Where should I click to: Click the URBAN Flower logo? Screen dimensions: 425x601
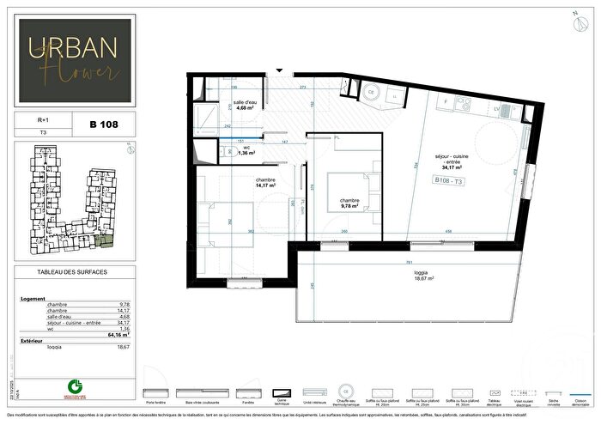tap(73, 61)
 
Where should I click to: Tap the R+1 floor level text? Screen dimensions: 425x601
tap(31, 121)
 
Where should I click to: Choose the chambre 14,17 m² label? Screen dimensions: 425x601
tap(240, 182)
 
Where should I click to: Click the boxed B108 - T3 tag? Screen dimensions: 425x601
tap(449, 180)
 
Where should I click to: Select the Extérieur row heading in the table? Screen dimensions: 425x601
tap(32, 341)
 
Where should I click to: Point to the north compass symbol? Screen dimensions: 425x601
tap(573, 20)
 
